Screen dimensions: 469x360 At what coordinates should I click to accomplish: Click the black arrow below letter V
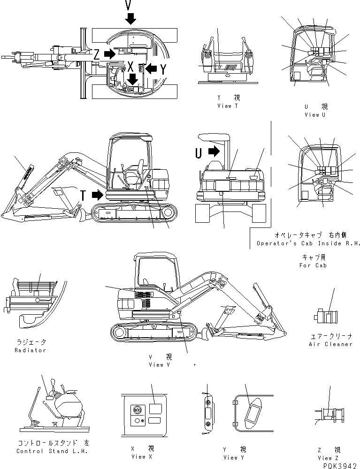(x=130, y=19)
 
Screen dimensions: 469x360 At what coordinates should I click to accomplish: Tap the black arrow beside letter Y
(x=150, y=68)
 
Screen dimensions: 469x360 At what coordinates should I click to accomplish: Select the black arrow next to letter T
(x=97, y=195)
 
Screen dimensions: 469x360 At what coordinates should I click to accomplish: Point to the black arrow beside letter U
(x=213, y=151)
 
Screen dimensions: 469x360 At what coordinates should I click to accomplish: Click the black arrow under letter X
(x=133, y=79)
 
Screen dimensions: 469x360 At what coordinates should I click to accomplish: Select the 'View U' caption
(x=315, y=114)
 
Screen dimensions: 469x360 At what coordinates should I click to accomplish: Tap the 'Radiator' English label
(x=30, y=350)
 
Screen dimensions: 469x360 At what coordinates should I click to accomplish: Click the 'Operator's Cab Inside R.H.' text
(x=308, y=244)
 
